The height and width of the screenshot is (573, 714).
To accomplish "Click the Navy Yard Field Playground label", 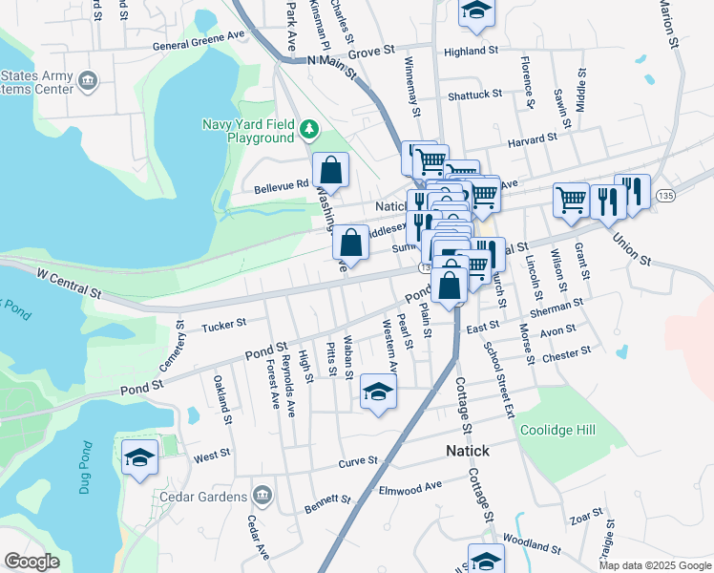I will (x=248, y=131).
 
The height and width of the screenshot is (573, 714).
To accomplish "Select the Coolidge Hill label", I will (x=557, y=431).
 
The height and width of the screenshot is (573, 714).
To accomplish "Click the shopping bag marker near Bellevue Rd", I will (x=330, y=171).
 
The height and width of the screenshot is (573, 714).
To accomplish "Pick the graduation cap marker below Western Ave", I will (x=379, y=392).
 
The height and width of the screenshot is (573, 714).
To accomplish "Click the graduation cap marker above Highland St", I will (x=474, y=11).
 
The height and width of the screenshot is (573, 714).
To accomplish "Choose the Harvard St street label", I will (x=532, y=139).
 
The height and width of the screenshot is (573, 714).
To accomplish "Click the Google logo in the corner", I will (x=31, y=562).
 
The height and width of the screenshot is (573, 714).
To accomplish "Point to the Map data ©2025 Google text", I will (x=655, y=565).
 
